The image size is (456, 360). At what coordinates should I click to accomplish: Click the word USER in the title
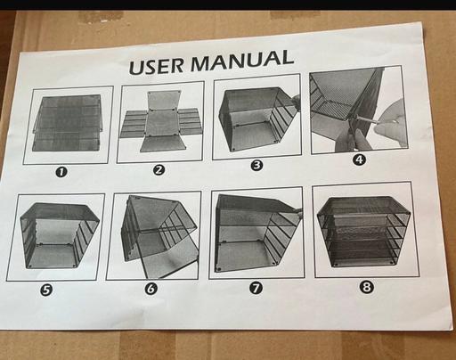pos(157,67)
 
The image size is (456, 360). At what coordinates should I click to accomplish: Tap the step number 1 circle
pos(61,172)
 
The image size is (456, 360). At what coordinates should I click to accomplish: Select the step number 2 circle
pos(159,170)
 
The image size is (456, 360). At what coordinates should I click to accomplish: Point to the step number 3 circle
pos(256,165)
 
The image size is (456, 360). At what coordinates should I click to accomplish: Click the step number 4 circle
pos(359,160)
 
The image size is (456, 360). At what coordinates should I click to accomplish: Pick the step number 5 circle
pos(47,290)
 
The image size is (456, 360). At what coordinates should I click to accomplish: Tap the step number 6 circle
pos(151,289)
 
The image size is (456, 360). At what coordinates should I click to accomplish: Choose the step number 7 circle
pos(256,288)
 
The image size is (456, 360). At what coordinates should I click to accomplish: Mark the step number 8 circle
pos(367,287)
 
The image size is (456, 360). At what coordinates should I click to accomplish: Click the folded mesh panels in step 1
pos(67,123)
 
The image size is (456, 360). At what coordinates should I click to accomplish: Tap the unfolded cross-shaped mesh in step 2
pos(160,121)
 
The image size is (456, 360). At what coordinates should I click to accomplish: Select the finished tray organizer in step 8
pos(364,231)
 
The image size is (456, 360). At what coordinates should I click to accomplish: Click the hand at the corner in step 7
pos(298,211)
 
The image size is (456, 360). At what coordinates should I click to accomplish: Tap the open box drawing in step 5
pos(60,235)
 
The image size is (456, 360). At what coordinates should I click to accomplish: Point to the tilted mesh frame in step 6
pos(158,234)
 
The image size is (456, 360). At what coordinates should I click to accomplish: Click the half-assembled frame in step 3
pos(256,119)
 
